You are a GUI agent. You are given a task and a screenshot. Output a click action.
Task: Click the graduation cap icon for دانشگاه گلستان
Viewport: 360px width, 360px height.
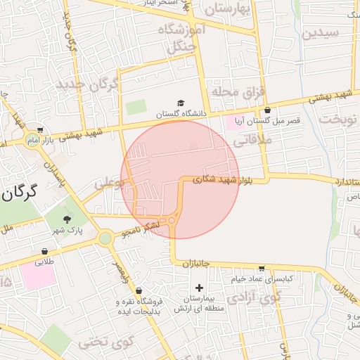181,103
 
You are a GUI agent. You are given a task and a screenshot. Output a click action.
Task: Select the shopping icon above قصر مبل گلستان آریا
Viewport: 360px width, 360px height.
268,110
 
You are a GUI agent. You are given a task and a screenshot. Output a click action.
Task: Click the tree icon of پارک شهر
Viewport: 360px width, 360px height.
67,219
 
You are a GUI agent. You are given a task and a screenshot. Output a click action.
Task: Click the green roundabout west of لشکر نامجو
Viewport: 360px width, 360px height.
105,238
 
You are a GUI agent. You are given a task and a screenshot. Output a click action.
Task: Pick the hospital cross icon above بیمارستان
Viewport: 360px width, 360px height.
200,287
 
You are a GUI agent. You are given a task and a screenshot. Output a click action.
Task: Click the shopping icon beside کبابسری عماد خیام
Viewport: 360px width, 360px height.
262,269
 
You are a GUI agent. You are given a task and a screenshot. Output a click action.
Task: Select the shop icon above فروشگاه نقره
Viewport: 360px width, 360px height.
139,290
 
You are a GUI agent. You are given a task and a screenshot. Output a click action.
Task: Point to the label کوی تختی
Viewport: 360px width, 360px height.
105,342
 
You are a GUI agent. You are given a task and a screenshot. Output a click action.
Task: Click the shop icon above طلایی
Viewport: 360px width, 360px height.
45,251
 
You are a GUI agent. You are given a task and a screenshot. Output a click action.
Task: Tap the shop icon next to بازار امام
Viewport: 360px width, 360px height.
41,130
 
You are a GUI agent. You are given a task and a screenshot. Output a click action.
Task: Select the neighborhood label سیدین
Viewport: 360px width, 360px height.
320,33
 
